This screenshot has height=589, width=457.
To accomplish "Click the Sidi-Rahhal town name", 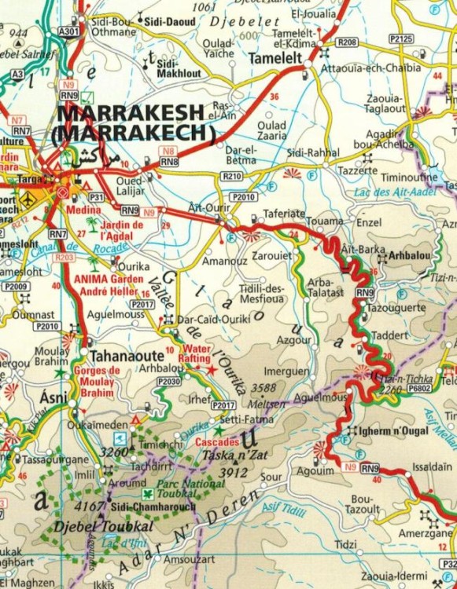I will (x=313, y=151).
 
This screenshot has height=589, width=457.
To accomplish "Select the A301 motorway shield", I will (x=69, y=31).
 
